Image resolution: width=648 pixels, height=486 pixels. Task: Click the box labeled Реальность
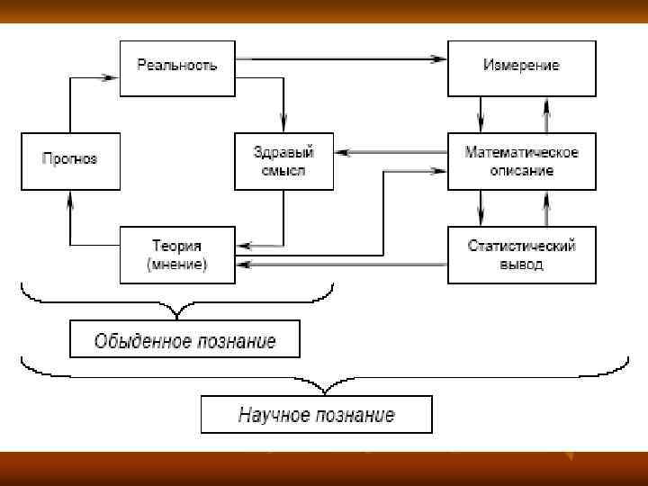[x=176, y=67]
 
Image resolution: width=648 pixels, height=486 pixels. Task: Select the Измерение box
[x=521, y=67]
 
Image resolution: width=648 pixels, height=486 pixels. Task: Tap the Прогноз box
[x=70, y=160]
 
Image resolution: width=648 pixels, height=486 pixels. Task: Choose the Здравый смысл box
[x=283, y=160]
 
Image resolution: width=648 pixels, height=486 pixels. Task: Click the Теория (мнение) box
[x=176, y=254]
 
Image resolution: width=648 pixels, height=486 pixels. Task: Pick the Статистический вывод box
[x=521, y=254]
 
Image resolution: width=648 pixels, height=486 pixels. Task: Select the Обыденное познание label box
[x=184, y=341]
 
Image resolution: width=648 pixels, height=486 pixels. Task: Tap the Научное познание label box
[x=316, y=415]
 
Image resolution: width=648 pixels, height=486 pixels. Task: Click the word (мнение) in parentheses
[x=176, y=265]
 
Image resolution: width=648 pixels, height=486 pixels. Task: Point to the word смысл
[x=283, y=170]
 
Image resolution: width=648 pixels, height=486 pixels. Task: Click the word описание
[x=522, y=170]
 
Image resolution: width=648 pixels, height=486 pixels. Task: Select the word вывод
[x=522, y=265]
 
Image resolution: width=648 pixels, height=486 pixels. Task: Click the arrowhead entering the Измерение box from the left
[x=440, y=59]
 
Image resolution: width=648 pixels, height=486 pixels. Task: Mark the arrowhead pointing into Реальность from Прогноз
[x=112, y=78]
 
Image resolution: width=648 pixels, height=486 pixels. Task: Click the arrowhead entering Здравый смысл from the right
[x=343, y=151]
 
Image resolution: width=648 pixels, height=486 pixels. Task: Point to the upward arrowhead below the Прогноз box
[x=70, y=198]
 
